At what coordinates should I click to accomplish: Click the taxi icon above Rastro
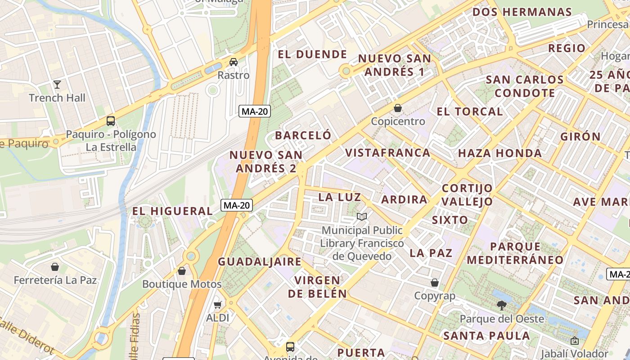(234, 62)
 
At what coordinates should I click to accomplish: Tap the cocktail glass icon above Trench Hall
(57, 84)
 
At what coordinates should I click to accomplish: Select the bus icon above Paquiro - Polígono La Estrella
(111, 121)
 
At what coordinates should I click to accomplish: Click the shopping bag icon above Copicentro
(398, 108)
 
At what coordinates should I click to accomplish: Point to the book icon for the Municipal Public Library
(362, 217)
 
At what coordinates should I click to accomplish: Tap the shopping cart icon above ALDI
(218, 305)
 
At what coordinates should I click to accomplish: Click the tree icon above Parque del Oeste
(502, 306)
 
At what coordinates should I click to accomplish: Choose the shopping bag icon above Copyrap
(435, 283)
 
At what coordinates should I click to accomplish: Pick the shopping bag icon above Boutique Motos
(182, 271)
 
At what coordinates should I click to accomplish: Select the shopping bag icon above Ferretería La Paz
(55, 267)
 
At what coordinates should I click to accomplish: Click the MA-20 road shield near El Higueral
(237, 206)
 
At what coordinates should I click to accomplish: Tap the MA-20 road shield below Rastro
(255, 111)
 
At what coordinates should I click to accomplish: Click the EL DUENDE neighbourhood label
(312, 55)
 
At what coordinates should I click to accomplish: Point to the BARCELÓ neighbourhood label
(303, 135)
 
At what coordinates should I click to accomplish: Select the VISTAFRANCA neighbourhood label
(387, 153)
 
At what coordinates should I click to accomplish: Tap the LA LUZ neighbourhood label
(339, 197)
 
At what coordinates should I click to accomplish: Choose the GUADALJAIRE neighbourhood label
(260, 262)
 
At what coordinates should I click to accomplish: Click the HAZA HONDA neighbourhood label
(499, 153)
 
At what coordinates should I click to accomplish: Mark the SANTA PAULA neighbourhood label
(486, 336)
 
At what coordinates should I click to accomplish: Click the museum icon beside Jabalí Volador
(574, 341)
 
